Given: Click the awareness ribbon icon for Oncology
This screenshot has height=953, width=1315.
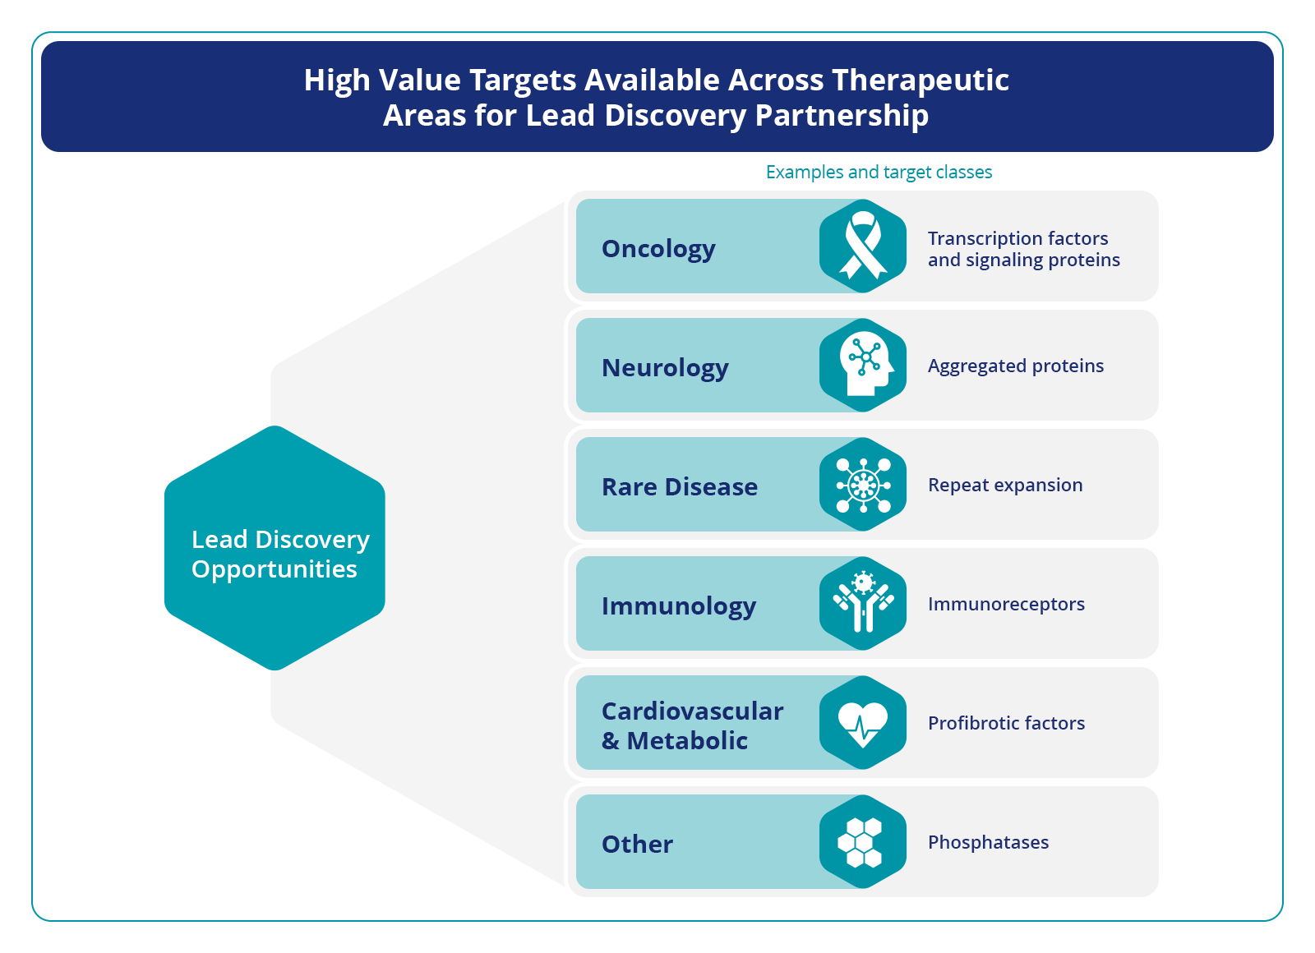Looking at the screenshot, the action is (x=862, y=246).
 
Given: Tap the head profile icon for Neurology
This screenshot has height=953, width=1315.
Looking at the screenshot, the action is (x=866, y=364).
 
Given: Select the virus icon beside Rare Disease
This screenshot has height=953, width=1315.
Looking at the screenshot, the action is (x=863, y=486).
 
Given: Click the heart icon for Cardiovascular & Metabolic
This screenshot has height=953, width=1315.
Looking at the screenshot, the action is (x=862, y=724).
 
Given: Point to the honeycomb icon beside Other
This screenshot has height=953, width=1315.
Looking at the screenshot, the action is (x=860, y=842).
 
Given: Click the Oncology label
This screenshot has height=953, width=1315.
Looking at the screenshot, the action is (x=658, y=250).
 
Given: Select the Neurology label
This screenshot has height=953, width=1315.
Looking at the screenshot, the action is (x=665, y=369).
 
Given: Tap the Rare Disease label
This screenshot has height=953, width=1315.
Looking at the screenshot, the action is (x=680, y=487).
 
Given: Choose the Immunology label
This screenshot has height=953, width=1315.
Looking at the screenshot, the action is (x=679, y=606).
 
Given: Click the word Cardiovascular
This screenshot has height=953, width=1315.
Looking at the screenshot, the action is (x=693, y=711).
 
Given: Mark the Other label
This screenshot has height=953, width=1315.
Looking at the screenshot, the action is (x=638, y=845).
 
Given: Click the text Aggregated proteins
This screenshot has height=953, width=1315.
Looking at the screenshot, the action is (x=1016, y=366).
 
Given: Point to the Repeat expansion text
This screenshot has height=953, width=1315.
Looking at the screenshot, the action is (x=1005, y=486).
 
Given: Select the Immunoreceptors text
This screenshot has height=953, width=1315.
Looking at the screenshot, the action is (x=1006, y=605).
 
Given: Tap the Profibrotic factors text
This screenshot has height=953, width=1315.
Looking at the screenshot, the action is (x=1006, y=723).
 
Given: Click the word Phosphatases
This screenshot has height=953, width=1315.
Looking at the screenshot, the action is (x=988, y=843).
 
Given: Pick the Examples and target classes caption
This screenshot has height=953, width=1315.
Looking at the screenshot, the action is (x=879, y=172).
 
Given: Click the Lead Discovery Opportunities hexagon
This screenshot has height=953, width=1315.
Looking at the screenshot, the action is (x=275, y=548).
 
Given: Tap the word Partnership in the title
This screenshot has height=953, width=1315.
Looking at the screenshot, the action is (x=842, y=116).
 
